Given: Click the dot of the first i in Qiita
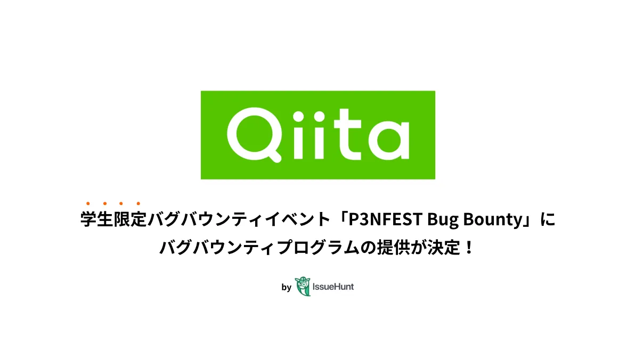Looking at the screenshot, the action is point(299,116).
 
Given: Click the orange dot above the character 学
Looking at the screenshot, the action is point(88,203).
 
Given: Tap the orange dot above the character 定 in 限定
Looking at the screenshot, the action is point(138,203).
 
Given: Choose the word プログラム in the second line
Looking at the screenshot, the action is point(318,247).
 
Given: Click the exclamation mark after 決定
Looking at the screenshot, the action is point(469,247).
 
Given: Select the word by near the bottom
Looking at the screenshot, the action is point(286,287).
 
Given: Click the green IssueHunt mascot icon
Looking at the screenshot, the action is point(303,287).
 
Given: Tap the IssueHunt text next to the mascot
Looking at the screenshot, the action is point(333,287).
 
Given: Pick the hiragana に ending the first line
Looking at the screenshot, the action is point(548,219).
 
